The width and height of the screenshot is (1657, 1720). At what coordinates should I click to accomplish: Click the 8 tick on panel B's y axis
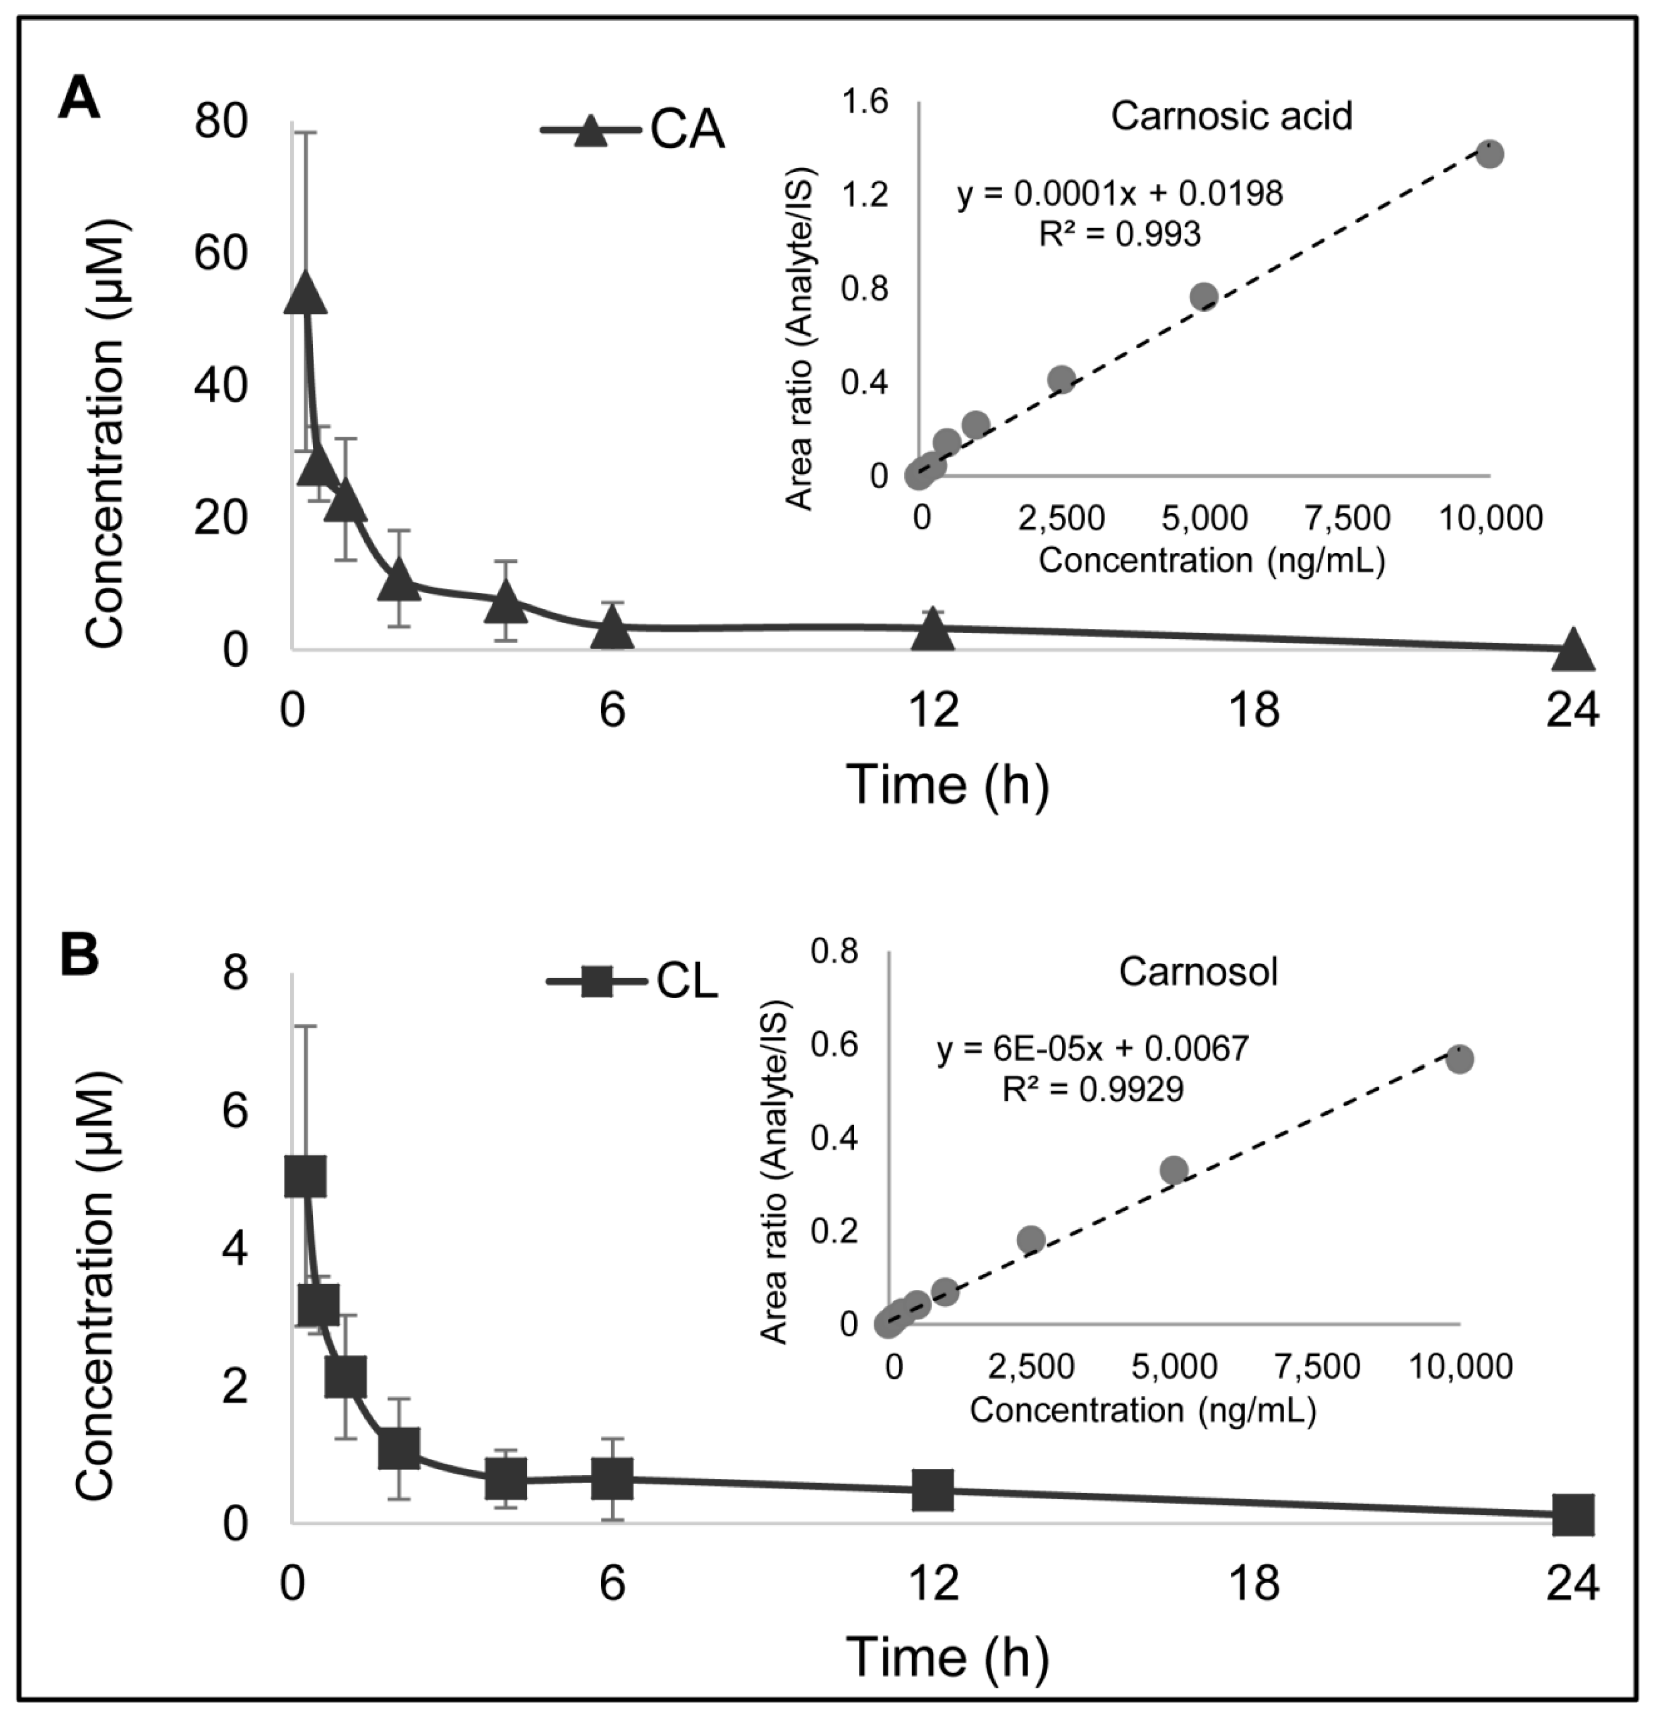[235, 976]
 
